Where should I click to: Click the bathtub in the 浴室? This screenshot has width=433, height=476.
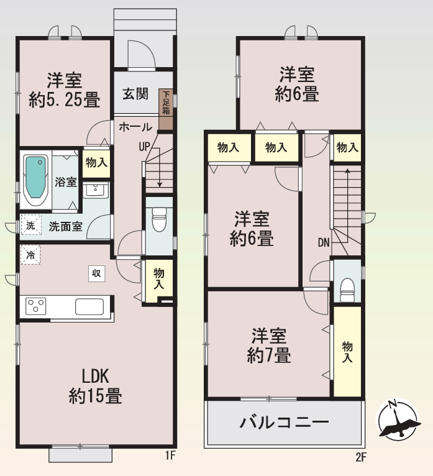point(35,181)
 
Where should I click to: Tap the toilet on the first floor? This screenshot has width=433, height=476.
point(159,219)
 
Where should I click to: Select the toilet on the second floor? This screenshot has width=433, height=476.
point(347,291)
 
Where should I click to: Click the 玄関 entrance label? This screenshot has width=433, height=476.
point(135,94)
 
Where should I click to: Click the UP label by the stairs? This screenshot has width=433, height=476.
point(144,147)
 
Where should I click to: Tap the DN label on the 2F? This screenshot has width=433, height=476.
point(324,242)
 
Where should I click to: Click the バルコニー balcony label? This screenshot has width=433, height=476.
point(285,423)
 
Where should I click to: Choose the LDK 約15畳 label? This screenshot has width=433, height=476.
point(95,386)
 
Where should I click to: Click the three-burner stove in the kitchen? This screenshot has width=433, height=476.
point(36,306)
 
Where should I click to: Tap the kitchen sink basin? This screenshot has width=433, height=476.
point(89,306)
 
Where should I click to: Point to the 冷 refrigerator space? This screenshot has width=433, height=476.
point(30,255)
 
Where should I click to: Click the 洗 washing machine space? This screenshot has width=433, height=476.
point(30,225)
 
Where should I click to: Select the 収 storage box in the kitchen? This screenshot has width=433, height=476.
point(96,273)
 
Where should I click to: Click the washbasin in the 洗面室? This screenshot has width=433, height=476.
point(96,190)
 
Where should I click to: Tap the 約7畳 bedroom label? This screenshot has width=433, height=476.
point(269,346)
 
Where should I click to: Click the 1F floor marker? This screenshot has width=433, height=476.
point(171,455)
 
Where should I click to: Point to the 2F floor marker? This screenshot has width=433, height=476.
point(361,457)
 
